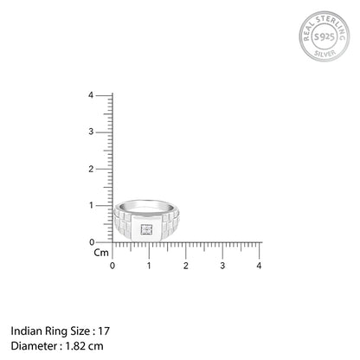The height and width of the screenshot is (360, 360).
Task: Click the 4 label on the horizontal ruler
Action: tap(260, 265)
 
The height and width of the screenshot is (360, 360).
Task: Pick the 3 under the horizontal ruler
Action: tap(222, 265)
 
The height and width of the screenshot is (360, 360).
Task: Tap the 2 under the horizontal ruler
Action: tap(185, 265)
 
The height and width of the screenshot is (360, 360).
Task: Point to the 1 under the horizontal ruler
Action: tap(149, 265)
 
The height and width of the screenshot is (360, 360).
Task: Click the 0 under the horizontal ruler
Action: tap(112, 265)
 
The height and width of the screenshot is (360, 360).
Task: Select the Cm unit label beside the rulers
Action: tap(100, 254)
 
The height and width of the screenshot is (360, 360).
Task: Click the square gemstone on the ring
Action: tap(146, 229)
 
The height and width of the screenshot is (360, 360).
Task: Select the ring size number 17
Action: tap(105, 331)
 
